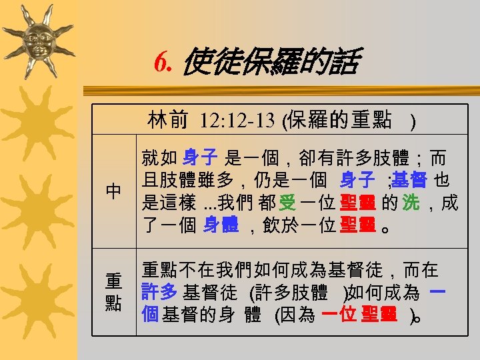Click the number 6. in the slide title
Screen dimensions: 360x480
pos(164,63)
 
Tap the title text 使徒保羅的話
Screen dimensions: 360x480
pos(269,63)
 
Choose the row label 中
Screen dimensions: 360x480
pos(113,191)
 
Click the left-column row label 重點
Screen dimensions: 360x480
pos(113,291)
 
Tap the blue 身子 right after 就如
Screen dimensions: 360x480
pos(200,158)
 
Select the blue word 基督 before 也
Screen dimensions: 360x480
pos(409,180)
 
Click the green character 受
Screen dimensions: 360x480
pos(287,203)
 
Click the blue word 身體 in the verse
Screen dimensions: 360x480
pos(221,225)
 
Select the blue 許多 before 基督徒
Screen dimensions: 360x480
pos(159,292)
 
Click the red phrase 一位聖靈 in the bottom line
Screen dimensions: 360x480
pos(360,314)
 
